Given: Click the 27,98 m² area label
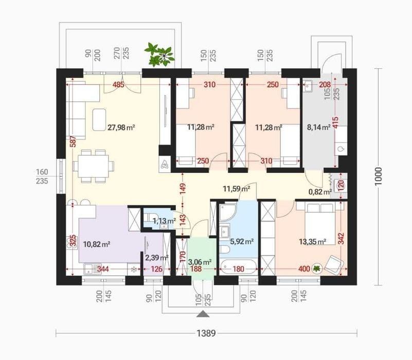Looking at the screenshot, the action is click(x=121, y=128).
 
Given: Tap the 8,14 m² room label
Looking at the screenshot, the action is click(x=319, y=128).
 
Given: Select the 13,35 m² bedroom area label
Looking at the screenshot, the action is click(x=313, y=242).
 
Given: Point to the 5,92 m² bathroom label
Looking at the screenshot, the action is click(x=242, y=241).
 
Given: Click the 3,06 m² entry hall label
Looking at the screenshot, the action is click(x=200, y=262).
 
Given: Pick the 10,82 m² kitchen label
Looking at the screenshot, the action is click(x=96, y=244).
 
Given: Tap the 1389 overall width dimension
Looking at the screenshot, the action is click(x=206, y=333).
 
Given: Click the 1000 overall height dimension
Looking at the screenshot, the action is click(x=378, y=176).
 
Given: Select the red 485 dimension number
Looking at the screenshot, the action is click(x=118, y=85).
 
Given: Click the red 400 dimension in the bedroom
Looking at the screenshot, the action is click(x=304, y=269).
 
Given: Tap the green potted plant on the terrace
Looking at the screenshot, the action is click(x=159, y=55).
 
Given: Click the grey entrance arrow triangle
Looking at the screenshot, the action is click(x=203, y=314).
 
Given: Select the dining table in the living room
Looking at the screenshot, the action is click(x=94, y=166).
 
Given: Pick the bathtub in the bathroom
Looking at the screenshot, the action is click(x=238, y=267).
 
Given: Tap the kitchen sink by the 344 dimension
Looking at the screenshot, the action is click(x=93, y=269).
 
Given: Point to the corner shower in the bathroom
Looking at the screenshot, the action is click(x=228, y=212).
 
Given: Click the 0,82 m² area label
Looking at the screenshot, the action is click(x=320, y=192).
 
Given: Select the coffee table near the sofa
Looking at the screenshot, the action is click(x=99, y=119).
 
